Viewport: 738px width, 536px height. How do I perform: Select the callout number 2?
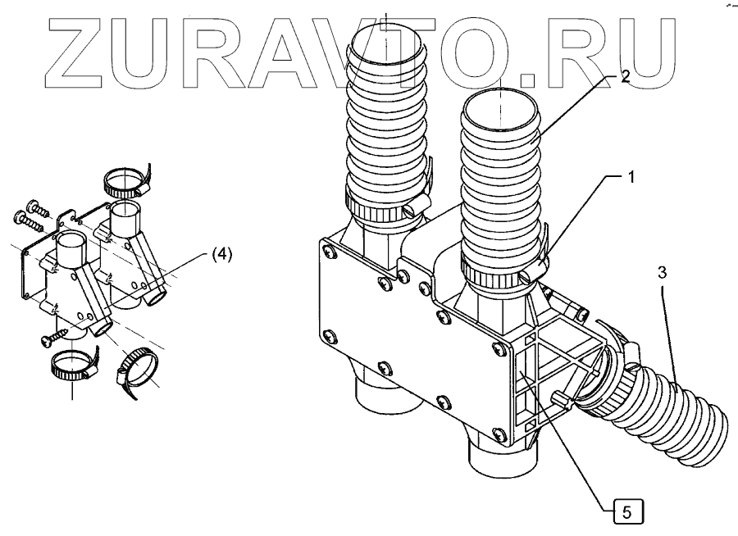[x=625, y=77]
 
